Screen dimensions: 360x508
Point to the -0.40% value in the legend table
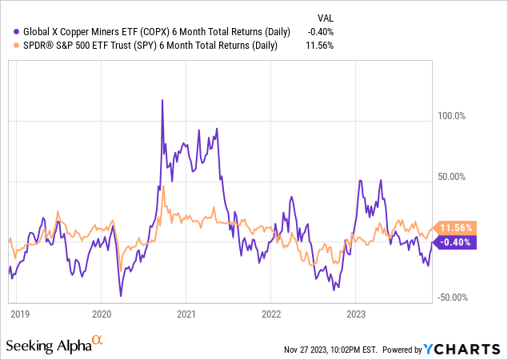click(320, 32)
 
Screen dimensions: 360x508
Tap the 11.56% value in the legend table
click(320, 46)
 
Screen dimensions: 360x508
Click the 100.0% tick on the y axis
click(450, 116)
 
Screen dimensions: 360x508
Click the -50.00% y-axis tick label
click(451, 297)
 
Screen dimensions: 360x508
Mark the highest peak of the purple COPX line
click(162, 100)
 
